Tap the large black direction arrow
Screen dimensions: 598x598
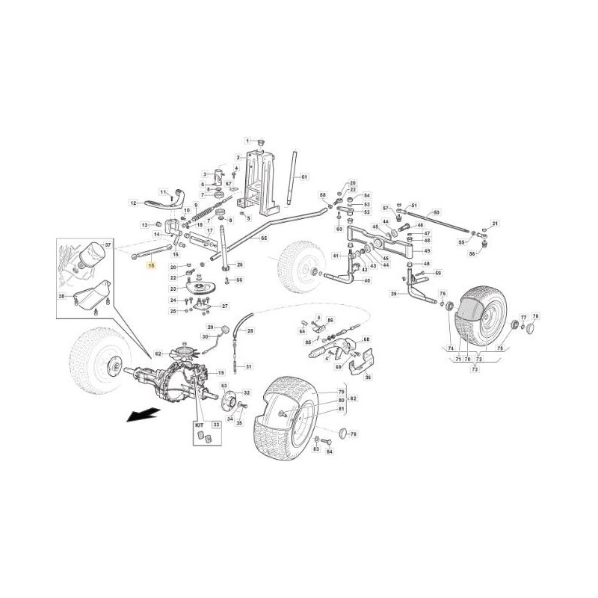click(142, 414)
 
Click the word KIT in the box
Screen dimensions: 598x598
click(199, 425)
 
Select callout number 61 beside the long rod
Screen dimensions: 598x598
click(304, 177)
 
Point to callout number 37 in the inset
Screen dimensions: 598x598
click(107, 244)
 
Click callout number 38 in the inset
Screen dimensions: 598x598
click(62, 297)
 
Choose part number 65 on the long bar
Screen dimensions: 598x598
click(263, 238)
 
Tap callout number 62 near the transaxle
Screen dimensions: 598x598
click(158, 354)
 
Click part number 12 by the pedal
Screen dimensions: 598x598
click(132, 203)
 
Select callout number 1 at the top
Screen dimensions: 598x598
click(248, 141)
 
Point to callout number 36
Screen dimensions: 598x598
click(367, 377)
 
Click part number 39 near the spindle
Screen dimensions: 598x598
click(393, 294)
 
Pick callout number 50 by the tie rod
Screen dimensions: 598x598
click(437, 212)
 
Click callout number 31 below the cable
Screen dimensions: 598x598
click(249, 366)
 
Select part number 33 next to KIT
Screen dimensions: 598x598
click(216, 425)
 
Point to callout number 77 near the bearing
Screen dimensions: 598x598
click(523, 317)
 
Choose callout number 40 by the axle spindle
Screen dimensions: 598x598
click(367, 281)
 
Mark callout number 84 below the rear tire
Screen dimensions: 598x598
click(329, 452)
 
